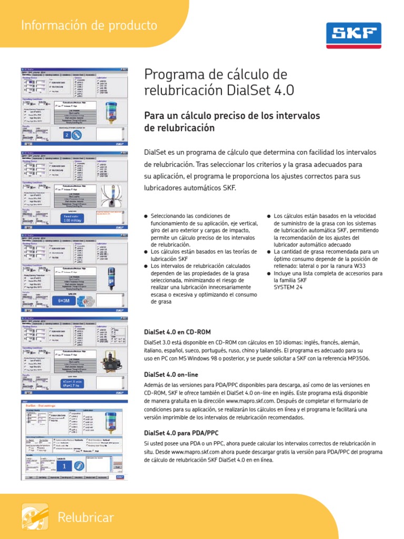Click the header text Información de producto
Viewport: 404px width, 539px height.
coord(88,25)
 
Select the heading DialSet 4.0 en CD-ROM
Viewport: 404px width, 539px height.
coord(177,332)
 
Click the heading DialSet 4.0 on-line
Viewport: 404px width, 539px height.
coord(171,374)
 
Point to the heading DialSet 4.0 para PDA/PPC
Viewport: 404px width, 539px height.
coord(181,433)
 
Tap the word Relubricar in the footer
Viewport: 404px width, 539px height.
coord(86,517)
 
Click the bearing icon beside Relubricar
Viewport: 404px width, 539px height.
coord(35,516)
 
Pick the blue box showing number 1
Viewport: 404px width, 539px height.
coord(64,466)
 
